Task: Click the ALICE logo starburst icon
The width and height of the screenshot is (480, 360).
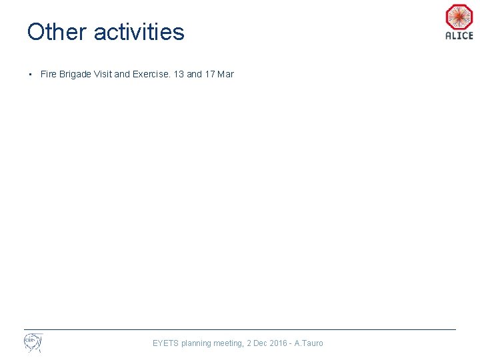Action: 459,17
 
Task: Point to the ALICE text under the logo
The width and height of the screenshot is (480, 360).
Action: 459,36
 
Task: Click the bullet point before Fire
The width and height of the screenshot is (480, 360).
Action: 31,74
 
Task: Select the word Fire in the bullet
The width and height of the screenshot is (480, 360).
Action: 48,74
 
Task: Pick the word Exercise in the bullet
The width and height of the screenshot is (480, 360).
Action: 151,74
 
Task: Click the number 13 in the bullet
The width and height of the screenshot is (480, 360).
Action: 179,74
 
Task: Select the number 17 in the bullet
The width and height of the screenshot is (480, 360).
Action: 210,74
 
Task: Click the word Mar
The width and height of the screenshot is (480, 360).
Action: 226,74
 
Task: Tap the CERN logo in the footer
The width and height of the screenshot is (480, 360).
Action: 33,343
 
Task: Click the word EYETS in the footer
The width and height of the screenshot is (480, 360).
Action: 165,343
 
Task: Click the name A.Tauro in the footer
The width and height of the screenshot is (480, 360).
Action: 309,343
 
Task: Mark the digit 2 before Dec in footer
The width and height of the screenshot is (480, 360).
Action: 249,343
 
